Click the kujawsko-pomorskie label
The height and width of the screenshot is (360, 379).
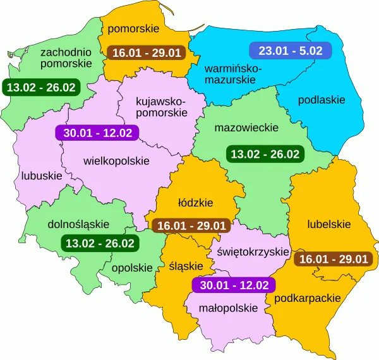click(162, 106)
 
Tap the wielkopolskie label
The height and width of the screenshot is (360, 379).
click(116, 161)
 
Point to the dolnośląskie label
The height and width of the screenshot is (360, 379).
click(79, 224)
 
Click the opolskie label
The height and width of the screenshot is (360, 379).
click(132, 267)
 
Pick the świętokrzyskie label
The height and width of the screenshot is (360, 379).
click(253, 252)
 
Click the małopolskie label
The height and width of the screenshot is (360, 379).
click(229, 308)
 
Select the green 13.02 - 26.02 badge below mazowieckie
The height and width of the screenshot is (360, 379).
click(265, 153)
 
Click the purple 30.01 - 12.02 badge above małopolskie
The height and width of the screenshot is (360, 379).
click(234, 285)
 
